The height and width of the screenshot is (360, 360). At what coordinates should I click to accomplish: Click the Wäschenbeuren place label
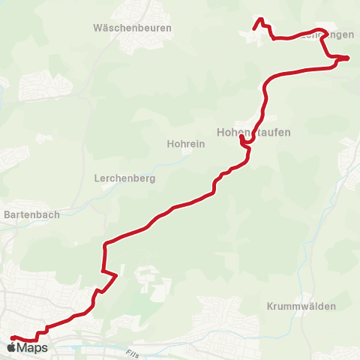133,28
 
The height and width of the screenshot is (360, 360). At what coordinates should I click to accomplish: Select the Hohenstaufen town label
253,132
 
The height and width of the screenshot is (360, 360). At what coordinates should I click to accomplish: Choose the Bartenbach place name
31,214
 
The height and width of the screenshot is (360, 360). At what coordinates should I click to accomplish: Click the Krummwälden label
301,307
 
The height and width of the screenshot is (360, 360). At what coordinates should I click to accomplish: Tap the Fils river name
133,353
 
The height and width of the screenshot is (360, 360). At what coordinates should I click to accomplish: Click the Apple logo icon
11,349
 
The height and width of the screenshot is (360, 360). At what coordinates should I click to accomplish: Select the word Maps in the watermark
32,349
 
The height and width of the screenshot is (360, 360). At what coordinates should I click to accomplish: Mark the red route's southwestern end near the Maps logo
12,338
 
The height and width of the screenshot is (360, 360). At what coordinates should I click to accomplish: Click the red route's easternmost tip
348,58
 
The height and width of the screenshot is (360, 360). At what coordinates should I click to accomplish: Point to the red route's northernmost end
260,19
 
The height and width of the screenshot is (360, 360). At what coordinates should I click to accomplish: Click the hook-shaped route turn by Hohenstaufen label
241,139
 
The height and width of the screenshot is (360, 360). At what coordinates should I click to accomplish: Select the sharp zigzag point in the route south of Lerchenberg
116,275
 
